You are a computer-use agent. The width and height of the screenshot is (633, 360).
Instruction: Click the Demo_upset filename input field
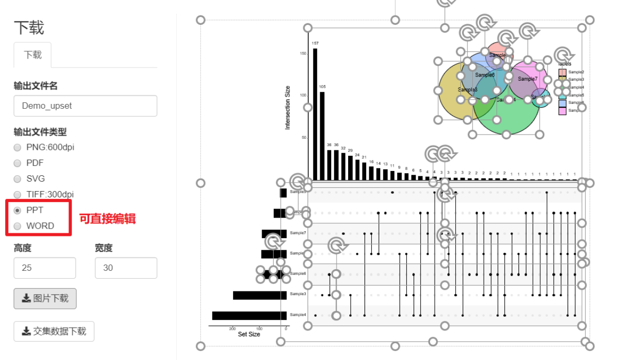click(85, 106)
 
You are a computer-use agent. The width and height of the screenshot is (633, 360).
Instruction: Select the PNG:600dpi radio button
click(17, 147)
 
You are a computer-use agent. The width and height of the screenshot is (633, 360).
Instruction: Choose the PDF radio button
click(17, 163)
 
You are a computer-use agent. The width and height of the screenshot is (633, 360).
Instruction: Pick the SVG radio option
click(17, 179)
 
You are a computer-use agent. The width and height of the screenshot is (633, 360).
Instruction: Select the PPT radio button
click(17, 210)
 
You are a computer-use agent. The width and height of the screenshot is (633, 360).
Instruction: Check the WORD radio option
click(17, 226)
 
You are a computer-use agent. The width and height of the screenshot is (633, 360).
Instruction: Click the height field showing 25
click(44, 268)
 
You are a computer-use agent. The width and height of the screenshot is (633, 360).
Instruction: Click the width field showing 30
click(126, 268)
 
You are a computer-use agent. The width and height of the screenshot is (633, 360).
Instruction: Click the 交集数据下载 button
click(54, 331)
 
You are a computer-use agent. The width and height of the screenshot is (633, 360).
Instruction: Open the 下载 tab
click(33, 55)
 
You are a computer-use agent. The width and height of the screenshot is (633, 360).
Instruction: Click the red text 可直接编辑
click(108, 219)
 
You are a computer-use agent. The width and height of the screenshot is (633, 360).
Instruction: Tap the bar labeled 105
click(322, 136)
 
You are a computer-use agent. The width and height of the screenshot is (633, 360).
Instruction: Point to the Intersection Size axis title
click(287, 107)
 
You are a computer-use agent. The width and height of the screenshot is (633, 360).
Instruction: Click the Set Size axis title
click(249, 334)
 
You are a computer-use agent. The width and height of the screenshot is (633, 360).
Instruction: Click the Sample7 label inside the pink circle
click(527, 79)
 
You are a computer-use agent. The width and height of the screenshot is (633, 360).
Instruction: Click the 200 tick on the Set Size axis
click(233, 329)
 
